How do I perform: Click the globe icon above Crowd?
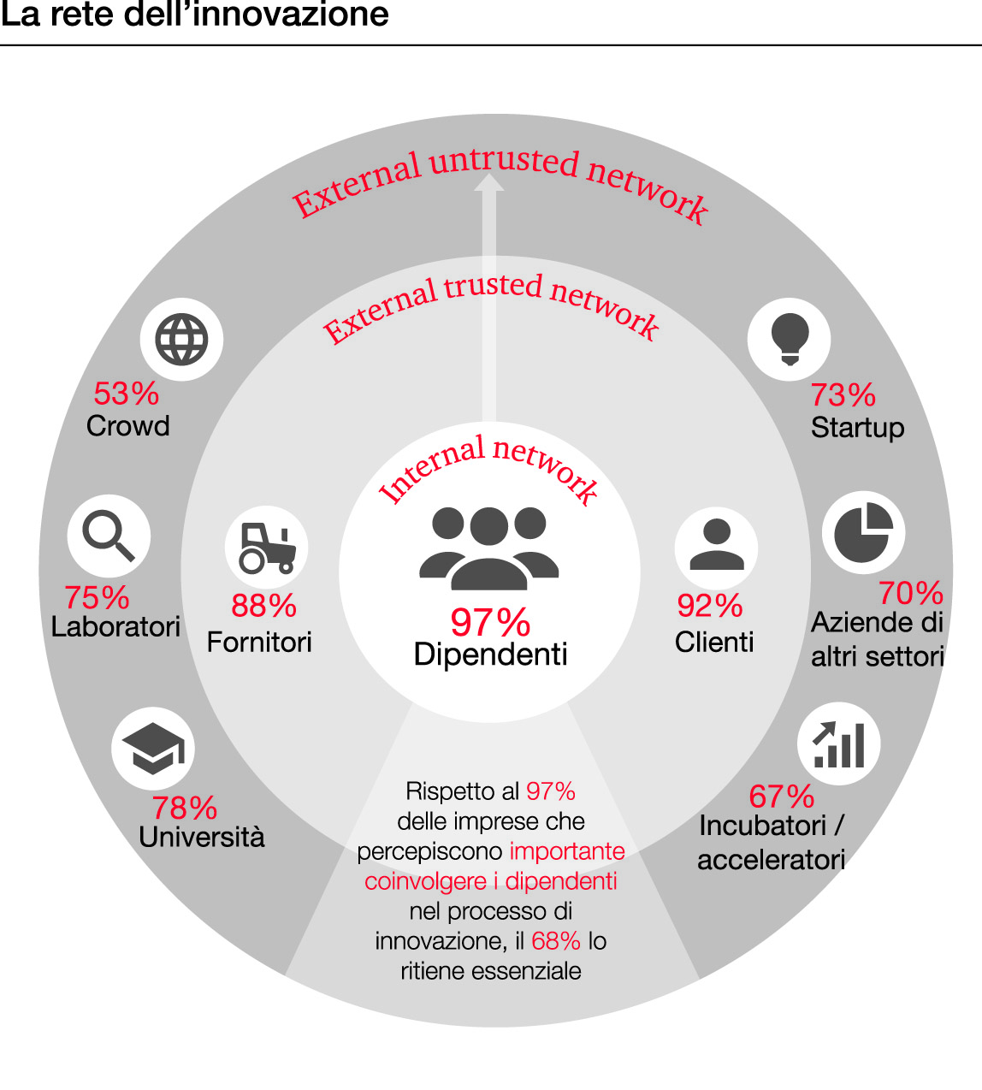181,340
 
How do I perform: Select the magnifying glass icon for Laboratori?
109,536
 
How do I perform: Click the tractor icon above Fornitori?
267,548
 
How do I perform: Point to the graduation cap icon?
153,748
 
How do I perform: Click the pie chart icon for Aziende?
863,532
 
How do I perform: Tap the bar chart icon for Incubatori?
839,744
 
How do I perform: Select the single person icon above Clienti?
716,546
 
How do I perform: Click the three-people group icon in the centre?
489,548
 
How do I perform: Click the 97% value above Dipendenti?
490,622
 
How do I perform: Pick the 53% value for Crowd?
127,394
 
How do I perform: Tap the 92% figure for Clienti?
709,606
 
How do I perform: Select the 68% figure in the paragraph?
556,941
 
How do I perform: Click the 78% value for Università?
185,807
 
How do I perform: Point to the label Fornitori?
259,642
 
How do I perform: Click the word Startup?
857,427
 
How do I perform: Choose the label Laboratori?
115,626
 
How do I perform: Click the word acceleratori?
771,859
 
